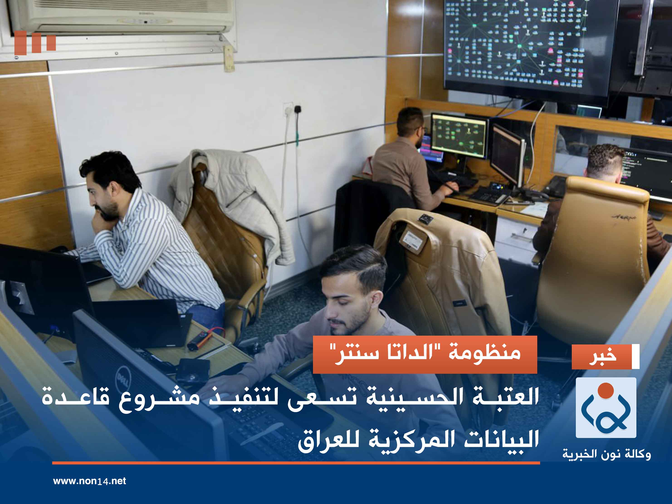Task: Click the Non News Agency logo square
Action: tap(606, 407)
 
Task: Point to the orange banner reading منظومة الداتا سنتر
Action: tap(425, 354)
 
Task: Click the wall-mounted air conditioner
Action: tap(122, 15)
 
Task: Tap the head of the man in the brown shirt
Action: tap(410, 122)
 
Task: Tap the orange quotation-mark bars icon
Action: tap(35, 43)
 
